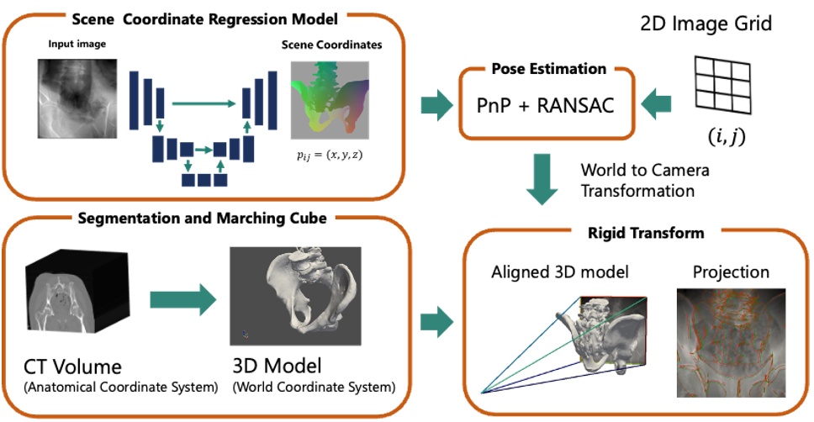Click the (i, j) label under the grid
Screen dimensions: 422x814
click(x=726, y=135)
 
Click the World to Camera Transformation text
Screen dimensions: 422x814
click(x=645, y=181)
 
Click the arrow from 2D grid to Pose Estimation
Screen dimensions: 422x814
click(x=657, y=105)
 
